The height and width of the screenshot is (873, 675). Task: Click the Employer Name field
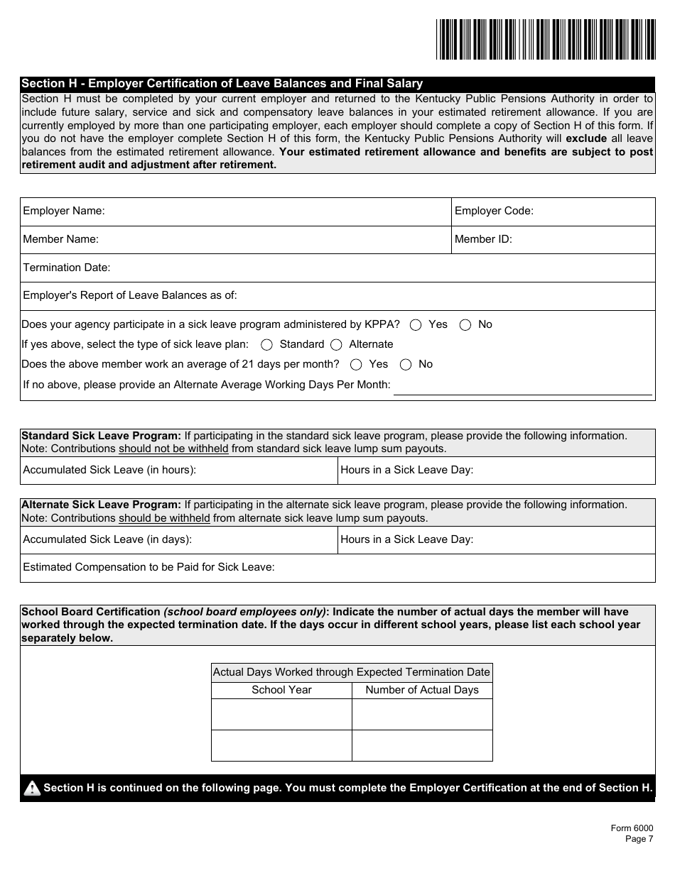click(277, 212)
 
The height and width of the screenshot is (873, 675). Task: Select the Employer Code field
click(593, 212)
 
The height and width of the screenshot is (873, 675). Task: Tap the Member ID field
click(583, 240)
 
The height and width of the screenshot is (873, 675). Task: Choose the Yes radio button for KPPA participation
click(416, 325)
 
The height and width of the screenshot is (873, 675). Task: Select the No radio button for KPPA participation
click(465, 325)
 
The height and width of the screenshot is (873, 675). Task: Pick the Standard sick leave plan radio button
click(267, 345)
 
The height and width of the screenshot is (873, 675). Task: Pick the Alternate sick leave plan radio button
click(336, 345)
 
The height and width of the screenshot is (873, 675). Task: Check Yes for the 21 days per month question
click(357, 365)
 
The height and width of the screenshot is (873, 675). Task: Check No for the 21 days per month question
click(406, 365)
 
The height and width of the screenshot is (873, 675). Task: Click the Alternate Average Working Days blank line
click(522, 387)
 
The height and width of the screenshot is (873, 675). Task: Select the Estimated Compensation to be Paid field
click(462, 568)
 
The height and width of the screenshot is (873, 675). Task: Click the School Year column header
click(281, 690)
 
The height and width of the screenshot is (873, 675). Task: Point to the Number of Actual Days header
click(422, 690)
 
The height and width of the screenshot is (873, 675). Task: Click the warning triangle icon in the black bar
click(32, 789)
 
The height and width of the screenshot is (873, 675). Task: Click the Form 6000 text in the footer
click(632, 828)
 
